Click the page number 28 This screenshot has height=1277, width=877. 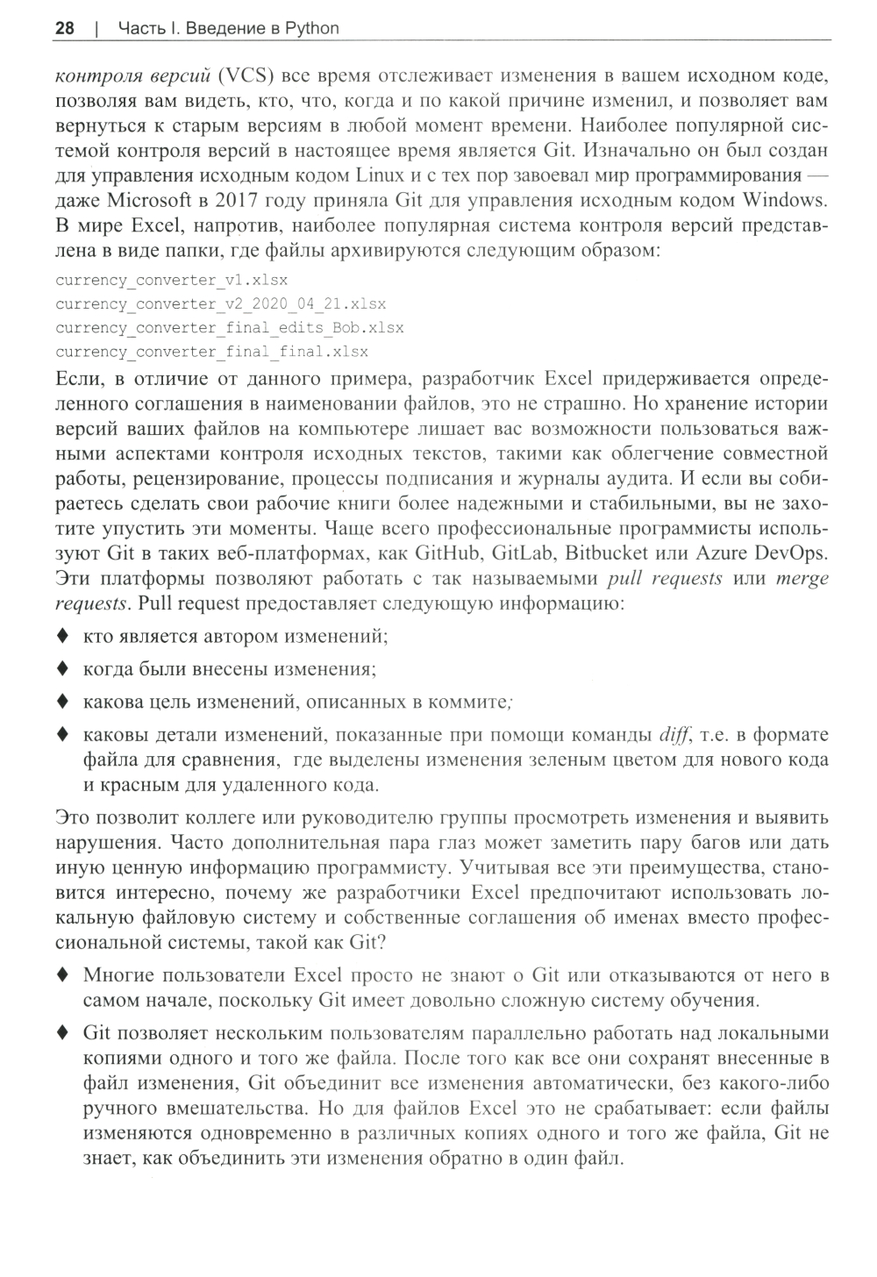[64, 28]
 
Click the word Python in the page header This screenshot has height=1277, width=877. [311, 28]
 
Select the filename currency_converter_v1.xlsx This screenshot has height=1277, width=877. [171, 281]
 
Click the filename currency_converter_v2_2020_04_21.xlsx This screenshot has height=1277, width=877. [220, 304]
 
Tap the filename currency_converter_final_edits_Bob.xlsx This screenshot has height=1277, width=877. [229, 328]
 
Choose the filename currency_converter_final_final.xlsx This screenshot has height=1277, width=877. [211, 352]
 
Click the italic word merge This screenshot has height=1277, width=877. [802, 579]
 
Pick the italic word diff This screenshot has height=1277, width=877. [674, 734]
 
